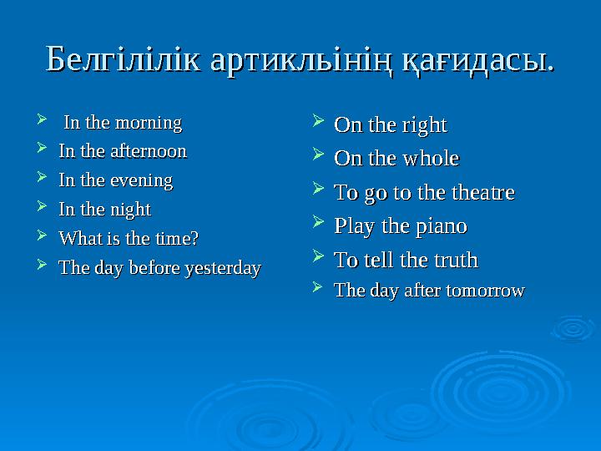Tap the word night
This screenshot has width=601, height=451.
point(131,209)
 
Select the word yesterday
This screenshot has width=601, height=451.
point(220,268)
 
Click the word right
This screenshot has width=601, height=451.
point(423,126)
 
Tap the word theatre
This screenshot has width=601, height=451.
point(483,193)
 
